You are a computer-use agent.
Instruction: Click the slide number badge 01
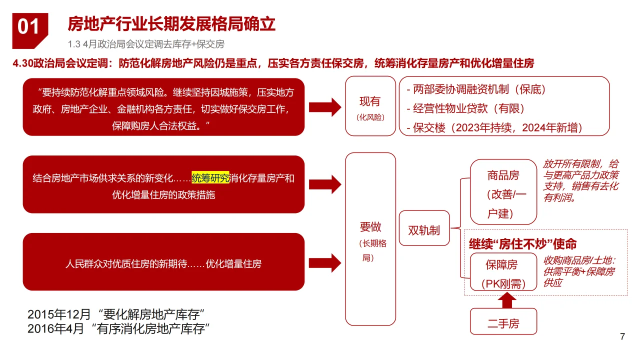coord(28,27)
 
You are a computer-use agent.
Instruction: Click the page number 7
coord(622,336)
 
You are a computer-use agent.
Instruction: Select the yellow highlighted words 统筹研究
coord(210,178)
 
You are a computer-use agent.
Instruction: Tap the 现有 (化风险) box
coord(370,106)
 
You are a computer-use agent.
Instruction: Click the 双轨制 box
coord(424,230)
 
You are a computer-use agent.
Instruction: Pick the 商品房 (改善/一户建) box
coord(503,194)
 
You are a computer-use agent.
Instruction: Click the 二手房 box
coord(503,323)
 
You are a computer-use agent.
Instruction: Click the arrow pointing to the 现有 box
coord(325,106)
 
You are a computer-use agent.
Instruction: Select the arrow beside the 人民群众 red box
coord(325,262)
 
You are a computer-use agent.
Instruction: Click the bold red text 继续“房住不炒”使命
coord(522,244)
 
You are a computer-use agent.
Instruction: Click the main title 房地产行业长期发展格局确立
coord(171,24)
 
